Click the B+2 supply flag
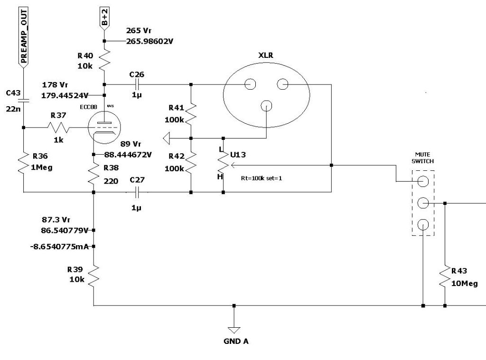(104, 18)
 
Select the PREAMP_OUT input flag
(24, 37)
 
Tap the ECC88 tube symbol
(104, 127)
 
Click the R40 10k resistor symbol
(104, 60)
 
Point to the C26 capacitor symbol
(137, 84)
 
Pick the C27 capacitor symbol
(137, 193)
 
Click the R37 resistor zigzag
(58, 127)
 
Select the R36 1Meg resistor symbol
(24, 162)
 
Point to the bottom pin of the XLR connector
(266, 106)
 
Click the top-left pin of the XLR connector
(250, 84)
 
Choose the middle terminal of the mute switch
(423, 203)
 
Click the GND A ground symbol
(234, 330)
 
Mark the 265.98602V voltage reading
(150, 41)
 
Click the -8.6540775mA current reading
(59, 247)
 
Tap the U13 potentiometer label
(238, 155)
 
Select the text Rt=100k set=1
(262, 178)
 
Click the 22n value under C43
(13, 109)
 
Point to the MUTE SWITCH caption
(423, 157)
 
